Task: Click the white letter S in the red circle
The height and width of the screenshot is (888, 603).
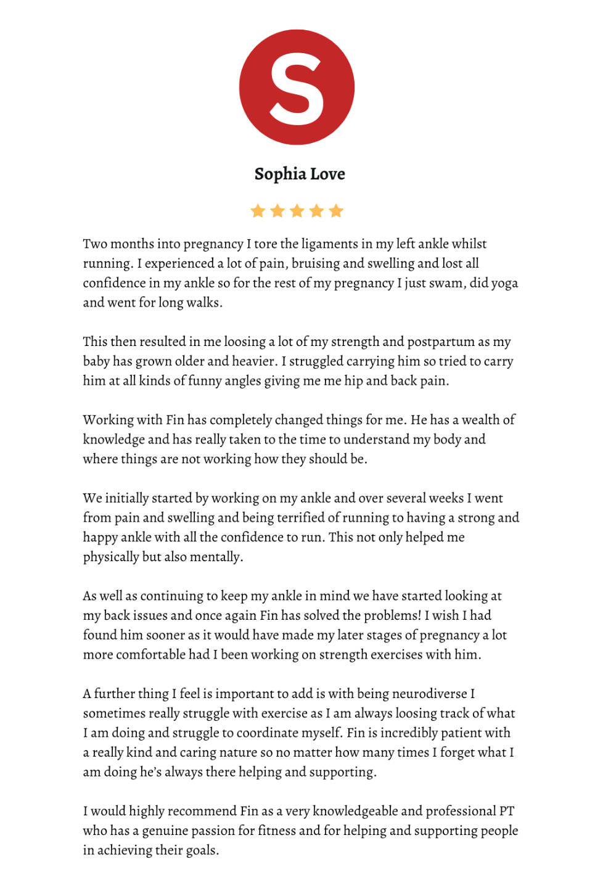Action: pos(297,88)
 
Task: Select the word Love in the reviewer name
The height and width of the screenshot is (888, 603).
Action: pos(327,175)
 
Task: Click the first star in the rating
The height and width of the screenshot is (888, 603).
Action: pos(258,212)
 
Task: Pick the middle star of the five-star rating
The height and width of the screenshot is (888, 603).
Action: pos(297,212)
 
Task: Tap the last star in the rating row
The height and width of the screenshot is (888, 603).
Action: pos(336,212)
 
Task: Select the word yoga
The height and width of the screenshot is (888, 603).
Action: pos(504,284)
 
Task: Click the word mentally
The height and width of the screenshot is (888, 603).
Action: pos(216,557)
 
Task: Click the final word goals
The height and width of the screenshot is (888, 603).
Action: pos(201,850)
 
